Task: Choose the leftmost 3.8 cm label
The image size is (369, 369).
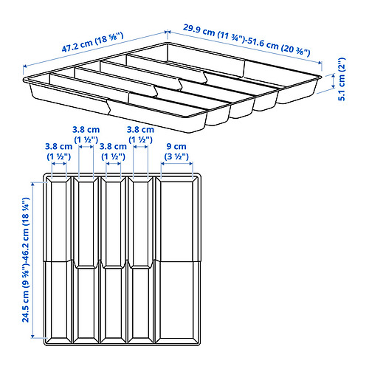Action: coord(58,146)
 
